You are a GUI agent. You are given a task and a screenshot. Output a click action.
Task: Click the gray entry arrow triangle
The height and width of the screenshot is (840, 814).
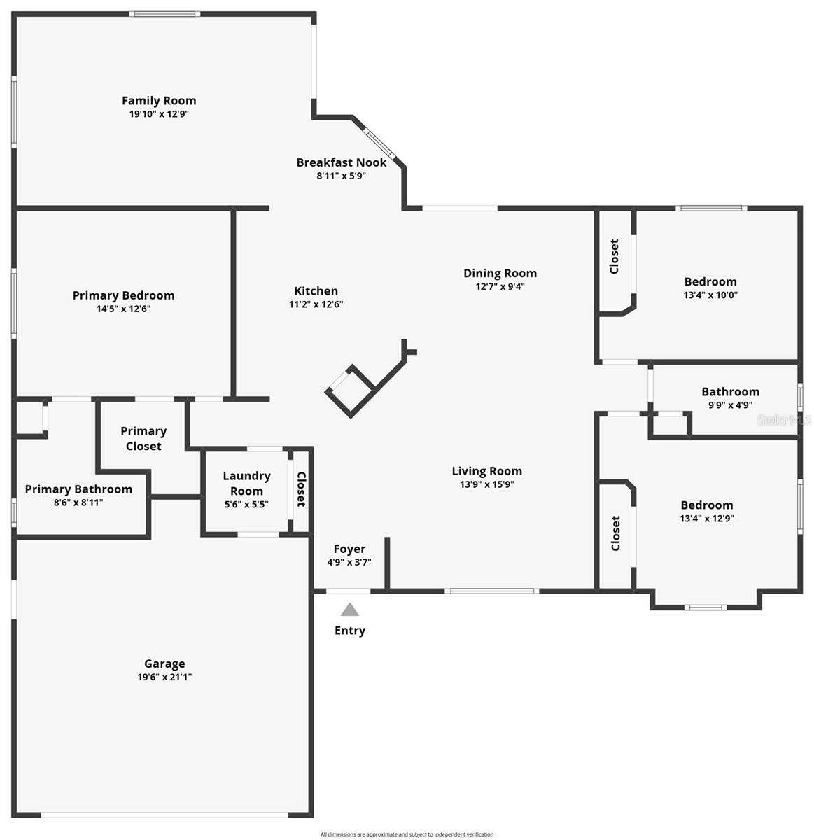coord(350,610)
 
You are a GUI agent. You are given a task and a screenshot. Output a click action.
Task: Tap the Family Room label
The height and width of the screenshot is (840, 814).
coord(159,101)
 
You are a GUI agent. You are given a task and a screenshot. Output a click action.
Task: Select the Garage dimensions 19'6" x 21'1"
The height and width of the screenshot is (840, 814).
coord(164,677)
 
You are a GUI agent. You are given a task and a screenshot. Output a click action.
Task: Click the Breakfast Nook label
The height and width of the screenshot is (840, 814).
coord(341,162)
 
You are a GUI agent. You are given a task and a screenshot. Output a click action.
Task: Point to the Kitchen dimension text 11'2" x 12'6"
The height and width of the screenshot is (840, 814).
coord(316,304)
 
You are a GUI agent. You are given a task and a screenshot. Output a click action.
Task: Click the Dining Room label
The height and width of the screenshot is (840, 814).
coord(500,273)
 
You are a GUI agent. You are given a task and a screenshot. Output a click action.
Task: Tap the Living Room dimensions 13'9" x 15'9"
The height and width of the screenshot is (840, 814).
coord(486,484)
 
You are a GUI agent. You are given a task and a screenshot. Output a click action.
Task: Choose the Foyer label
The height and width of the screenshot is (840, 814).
coord(349,549)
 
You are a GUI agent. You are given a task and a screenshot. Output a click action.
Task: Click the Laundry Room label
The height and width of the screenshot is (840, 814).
coord(246,483)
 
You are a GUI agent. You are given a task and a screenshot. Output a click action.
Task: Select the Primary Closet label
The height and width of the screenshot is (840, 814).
coord(143,438)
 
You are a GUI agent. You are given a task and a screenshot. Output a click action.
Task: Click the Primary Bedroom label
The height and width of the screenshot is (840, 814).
coord(123,295)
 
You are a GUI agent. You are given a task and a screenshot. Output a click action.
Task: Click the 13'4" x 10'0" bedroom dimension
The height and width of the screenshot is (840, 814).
coord(710,295)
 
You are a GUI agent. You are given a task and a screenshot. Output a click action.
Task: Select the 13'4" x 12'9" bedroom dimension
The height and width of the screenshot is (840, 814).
coord(707,519)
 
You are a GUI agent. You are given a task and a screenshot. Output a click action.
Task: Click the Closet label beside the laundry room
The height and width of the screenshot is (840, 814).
coord(301,489)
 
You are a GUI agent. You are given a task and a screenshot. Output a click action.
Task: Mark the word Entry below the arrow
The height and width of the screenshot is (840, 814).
coord(350,631)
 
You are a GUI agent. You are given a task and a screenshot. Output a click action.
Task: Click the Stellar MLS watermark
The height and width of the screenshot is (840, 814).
coord(785,420)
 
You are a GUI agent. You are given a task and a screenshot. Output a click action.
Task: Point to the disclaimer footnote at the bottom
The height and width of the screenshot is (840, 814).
coord(407,834)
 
